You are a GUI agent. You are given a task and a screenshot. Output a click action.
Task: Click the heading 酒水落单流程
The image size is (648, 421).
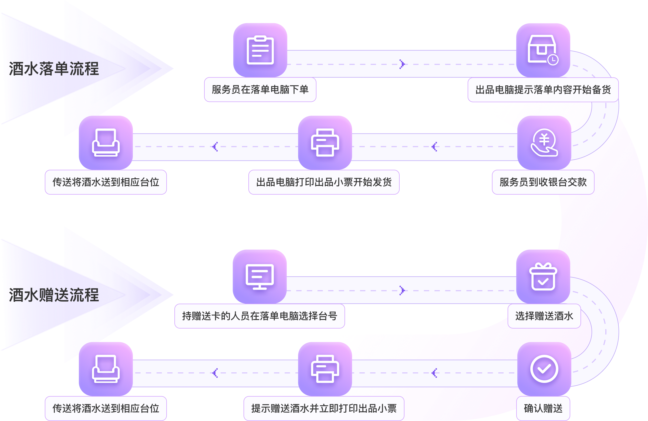(54, 69)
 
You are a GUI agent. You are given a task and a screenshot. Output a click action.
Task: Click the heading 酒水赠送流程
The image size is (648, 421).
(54, 295)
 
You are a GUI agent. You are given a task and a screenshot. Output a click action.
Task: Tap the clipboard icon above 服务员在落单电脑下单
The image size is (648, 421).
(260, 50)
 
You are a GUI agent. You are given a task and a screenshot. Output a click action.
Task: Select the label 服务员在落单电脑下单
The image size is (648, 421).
(260, 90)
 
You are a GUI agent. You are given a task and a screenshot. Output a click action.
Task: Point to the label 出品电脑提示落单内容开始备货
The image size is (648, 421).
(543, 90)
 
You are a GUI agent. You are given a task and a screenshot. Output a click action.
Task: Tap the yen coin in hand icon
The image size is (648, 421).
(544, 142)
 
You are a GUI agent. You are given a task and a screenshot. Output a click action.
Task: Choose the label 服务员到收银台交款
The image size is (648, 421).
(543, 182)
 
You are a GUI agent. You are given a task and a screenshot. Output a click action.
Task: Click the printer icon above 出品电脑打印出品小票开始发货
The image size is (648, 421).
(325, 142)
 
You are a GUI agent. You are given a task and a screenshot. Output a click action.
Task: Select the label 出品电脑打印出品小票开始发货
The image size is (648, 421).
(324, 182)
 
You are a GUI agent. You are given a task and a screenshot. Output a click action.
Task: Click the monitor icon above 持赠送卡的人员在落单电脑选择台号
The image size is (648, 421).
(259, 276)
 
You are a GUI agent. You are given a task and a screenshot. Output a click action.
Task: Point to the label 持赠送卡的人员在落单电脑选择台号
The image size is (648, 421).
(259, 316)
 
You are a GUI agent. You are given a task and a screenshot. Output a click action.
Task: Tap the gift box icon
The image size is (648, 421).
(543, 276)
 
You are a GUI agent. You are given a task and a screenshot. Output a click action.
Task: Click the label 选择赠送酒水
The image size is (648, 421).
(544, 316)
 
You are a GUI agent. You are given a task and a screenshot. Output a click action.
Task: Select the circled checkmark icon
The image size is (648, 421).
(544, 369)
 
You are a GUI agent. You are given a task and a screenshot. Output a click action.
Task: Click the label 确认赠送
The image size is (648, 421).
(543, 409)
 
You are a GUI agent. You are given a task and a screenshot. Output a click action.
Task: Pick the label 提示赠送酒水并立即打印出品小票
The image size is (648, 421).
(324, 409)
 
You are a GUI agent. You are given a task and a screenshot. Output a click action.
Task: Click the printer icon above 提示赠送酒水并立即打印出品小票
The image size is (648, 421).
(325, 369)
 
